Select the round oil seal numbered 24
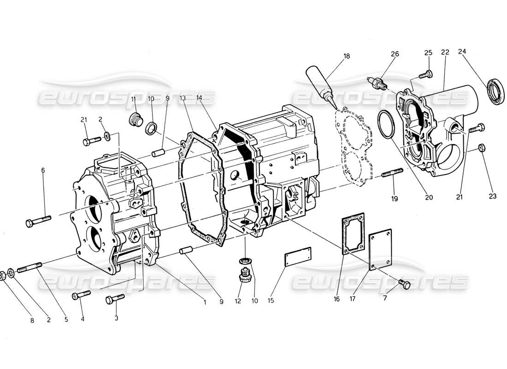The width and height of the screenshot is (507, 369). tap(495, 91)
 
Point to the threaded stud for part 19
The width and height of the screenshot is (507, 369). tap(392, 173)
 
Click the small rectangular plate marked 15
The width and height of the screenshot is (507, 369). tap(297, 256)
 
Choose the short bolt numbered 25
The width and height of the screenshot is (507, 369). tap(426, 74)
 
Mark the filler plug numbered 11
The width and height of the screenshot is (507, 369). tap(135, 119)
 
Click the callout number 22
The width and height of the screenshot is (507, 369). tap(445, 53)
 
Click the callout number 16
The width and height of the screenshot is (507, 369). tap(336, 299)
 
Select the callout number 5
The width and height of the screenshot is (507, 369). tap(66, 319)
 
